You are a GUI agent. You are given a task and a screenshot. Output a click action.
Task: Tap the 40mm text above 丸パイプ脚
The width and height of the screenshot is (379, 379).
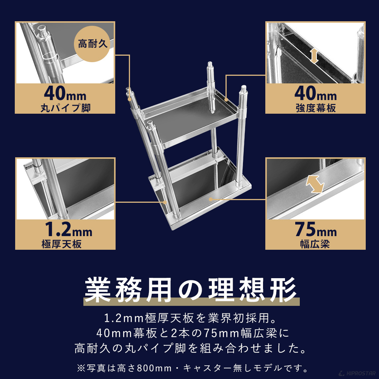(65, 93)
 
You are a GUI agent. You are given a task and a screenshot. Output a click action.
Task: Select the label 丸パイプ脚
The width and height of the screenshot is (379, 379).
(65, 108)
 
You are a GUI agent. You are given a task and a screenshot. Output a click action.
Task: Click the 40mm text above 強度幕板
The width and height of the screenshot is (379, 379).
(315, 93)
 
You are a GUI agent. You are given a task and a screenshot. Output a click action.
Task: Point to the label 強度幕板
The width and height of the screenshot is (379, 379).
(315, 108)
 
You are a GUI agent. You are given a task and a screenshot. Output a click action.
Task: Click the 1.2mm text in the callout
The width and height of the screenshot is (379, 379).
(65, 229)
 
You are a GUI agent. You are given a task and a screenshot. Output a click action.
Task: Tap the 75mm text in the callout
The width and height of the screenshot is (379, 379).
(315, 229)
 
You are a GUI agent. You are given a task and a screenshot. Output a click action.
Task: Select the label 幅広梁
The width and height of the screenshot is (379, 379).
(315, 244)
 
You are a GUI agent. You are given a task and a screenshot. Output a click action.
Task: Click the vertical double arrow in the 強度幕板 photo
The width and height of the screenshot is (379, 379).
(313, 55)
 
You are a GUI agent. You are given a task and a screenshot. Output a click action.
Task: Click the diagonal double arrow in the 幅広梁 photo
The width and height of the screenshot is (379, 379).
(315, 184)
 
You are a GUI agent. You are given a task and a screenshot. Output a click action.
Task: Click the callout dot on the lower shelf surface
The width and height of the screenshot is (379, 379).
(211, 199)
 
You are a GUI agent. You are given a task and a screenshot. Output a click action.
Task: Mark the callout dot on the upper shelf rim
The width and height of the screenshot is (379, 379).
(226, 100)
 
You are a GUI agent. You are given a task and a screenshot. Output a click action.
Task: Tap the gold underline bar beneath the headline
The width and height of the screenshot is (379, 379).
(191, 302)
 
